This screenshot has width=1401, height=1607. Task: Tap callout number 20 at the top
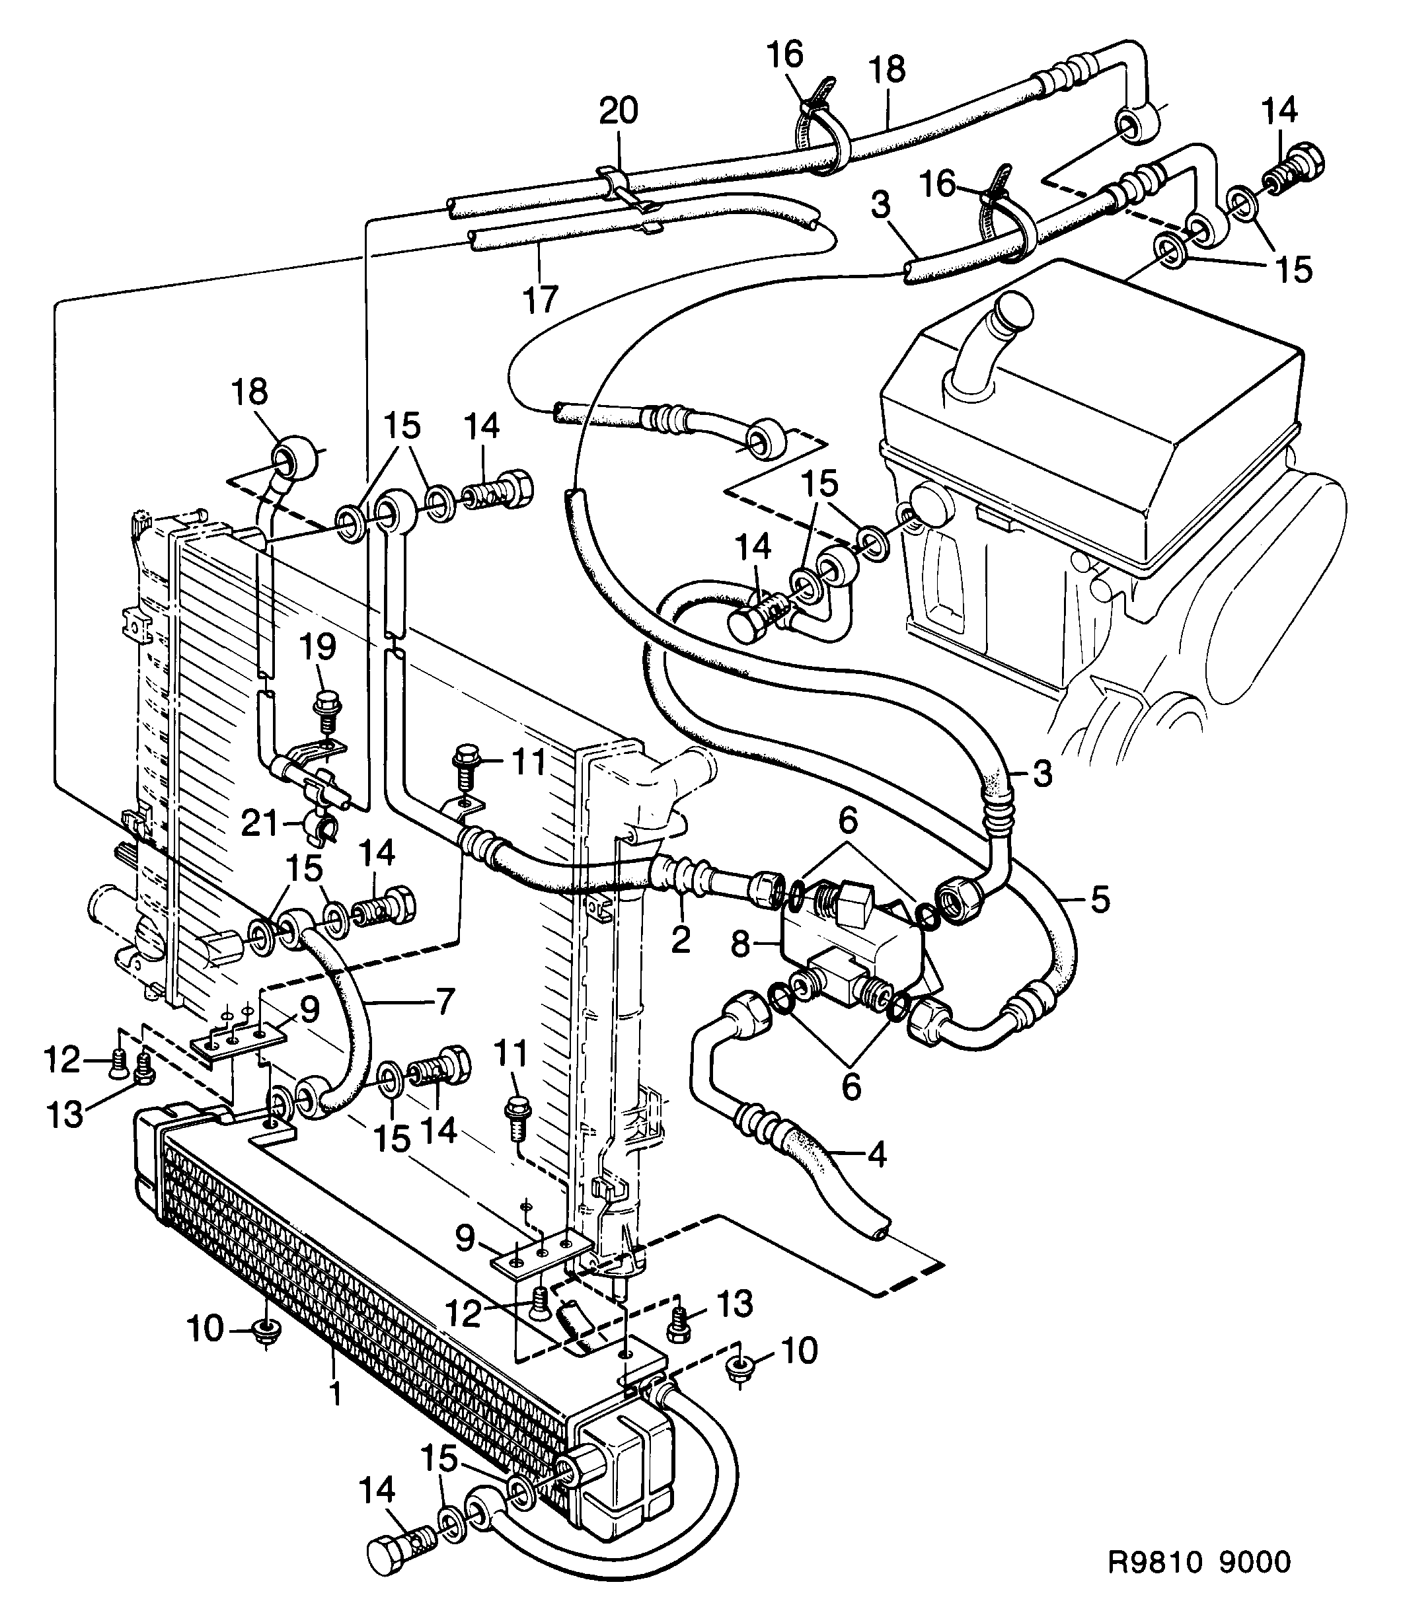coord(619,111)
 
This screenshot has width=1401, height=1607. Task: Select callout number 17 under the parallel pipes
coord(539,299)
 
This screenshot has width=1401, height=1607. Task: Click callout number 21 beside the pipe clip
coord(260,825)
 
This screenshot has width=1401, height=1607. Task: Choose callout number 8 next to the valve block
coord(740,945)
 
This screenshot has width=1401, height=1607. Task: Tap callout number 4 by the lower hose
coord(877,1154)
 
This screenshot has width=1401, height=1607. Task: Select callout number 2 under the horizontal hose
coord(680,940)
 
